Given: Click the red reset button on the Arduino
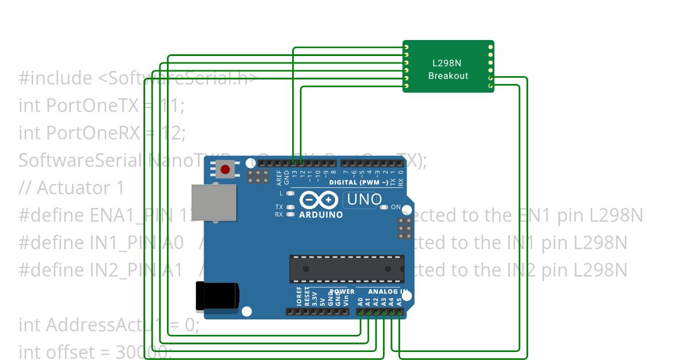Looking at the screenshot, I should tap(225, 170).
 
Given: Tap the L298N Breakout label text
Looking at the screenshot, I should tap(448, 70).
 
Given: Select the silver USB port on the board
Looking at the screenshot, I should tap(213, 202).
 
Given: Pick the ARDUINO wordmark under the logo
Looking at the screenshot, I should tap(321, 215).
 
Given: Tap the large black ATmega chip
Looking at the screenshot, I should tap(346, 269).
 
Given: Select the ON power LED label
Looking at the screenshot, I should tap(395, 207).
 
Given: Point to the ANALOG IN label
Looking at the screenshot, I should tap(387, 291).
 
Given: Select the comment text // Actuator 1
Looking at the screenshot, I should tap(71, 188).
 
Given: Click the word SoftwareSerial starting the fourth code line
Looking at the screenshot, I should tap(80, 161).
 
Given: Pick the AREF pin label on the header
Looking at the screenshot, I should tap(279, 178).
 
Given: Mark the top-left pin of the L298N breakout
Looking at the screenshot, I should tap(406, 46).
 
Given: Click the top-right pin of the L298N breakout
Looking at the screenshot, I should tap(490, 46).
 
